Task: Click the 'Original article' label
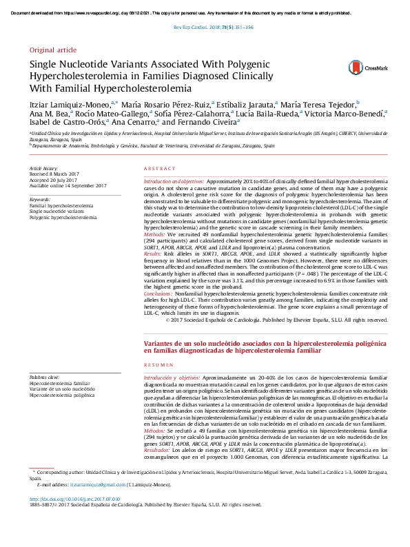[x=53, y=50]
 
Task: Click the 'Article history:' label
[x=43, y=169]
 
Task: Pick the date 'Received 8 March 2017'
[x=56, y=174]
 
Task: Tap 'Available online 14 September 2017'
[x=67, y=186]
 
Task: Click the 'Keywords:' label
[x=40, y=200]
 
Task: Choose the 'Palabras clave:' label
[x=45, y=378]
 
